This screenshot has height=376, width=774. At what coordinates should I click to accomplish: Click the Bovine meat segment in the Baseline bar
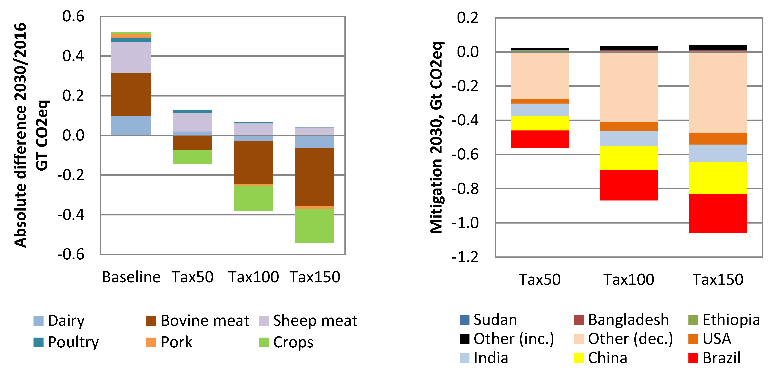point(131,95)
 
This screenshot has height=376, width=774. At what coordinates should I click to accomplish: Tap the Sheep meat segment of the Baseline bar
point(131,58)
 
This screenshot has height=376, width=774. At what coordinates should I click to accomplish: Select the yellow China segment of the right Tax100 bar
point(629,158)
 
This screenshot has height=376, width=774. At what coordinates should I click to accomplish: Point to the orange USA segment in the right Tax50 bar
point(540,101)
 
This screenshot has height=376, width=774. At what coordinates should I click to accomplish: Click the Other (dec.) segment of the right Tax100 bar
point(629,87)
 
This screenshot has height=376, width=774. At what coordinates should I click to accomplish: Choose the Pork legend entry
point(176,342)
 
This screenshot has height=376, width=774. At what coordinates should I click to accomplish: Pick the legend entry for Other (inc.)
point(513,339)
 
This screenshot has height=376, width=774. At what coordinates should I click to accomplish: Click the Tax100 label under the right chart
point(629,279)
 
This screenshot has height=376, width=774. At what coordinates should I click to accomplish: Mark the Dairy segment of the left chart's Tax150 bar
point(314,142)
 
